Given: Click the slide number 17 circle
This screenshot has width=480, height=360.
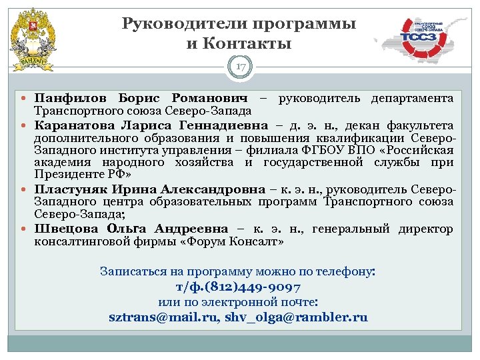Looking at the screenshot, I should [x=240, y=66].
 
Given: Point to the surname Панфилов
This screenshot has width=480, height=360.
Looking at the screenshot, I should [x=65, y=99].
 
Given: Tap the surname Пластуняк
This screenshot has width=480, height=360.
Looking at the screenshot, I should [x=71, y=190].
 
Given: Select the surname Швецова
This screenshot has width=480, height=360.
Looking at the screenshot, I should [x=64, y=229].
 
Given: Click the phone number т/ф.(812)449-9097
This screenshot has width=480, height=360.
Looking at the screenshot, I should [x=238, y=287].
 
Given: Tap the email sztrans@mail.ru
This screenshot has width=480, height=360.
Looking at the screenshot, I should [x=163, y=317].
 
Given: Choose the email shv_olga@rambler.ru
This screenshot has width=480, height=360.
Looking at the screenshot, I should [x=296, y=317].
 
